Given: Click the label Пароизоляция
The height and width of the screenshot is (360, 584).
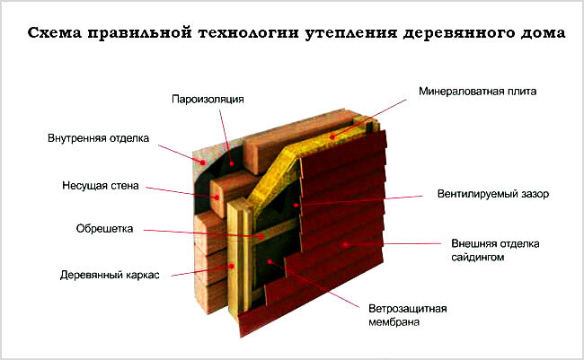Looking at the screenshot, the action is coord(208,100).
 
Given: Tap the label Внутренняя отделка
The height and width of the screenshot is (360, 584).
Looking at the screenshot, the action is coord(98,138).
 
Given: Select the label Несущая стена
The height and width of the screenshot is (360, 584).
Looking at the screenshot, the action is coord(101,186).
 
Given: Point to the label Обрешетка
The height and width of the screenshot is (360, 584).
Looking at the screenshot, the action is coord(104,228).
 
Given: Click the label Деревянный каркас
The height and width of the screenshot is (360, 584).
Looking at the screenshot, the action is coord(110,275).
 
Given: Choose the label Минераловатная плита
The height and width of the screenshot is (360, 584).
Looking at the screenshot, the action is coord(477,92).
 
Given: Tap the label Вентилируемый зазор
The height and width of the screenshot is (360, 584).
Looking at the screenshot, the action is coord(493,194).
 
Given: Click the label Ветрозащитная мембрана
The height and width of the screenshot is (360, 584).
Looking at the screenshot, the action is coord(408,315).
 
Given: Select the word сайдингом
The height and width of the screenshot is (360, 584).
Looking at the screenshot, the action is coord(478,258).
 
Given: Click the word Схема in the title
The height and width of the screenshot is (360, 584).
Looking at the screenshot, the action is coord(55,32).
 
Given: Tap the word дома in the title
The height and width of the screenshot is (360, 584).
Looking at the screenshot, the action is coord(544,33).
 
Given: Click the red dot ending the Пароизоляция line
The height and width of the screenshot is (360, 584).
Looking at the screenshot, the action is coord(232,163).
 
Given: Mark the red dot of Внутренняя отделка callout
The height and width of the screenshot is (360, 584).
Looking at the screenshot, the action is coord(203,162).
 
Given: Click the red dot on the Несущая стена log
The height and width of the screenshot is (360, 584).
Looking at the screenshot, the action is coord(217,198).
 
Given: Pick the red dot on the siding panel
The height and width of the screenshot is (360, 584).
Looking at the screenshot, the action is coord(345,244).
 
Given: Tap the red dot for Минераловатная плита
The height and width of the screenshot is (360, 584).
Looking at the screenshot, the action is coord(332,137).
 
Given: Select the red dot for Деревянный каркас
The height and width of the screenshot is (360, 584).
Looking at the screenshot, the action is coord(232,267).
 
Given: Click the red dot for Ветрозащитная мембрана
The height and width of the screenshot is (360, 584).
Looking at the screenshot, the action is coord(270,262).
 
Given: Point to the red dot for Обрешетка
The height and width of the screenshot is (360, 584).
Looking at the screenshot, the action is coord(261,236).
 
